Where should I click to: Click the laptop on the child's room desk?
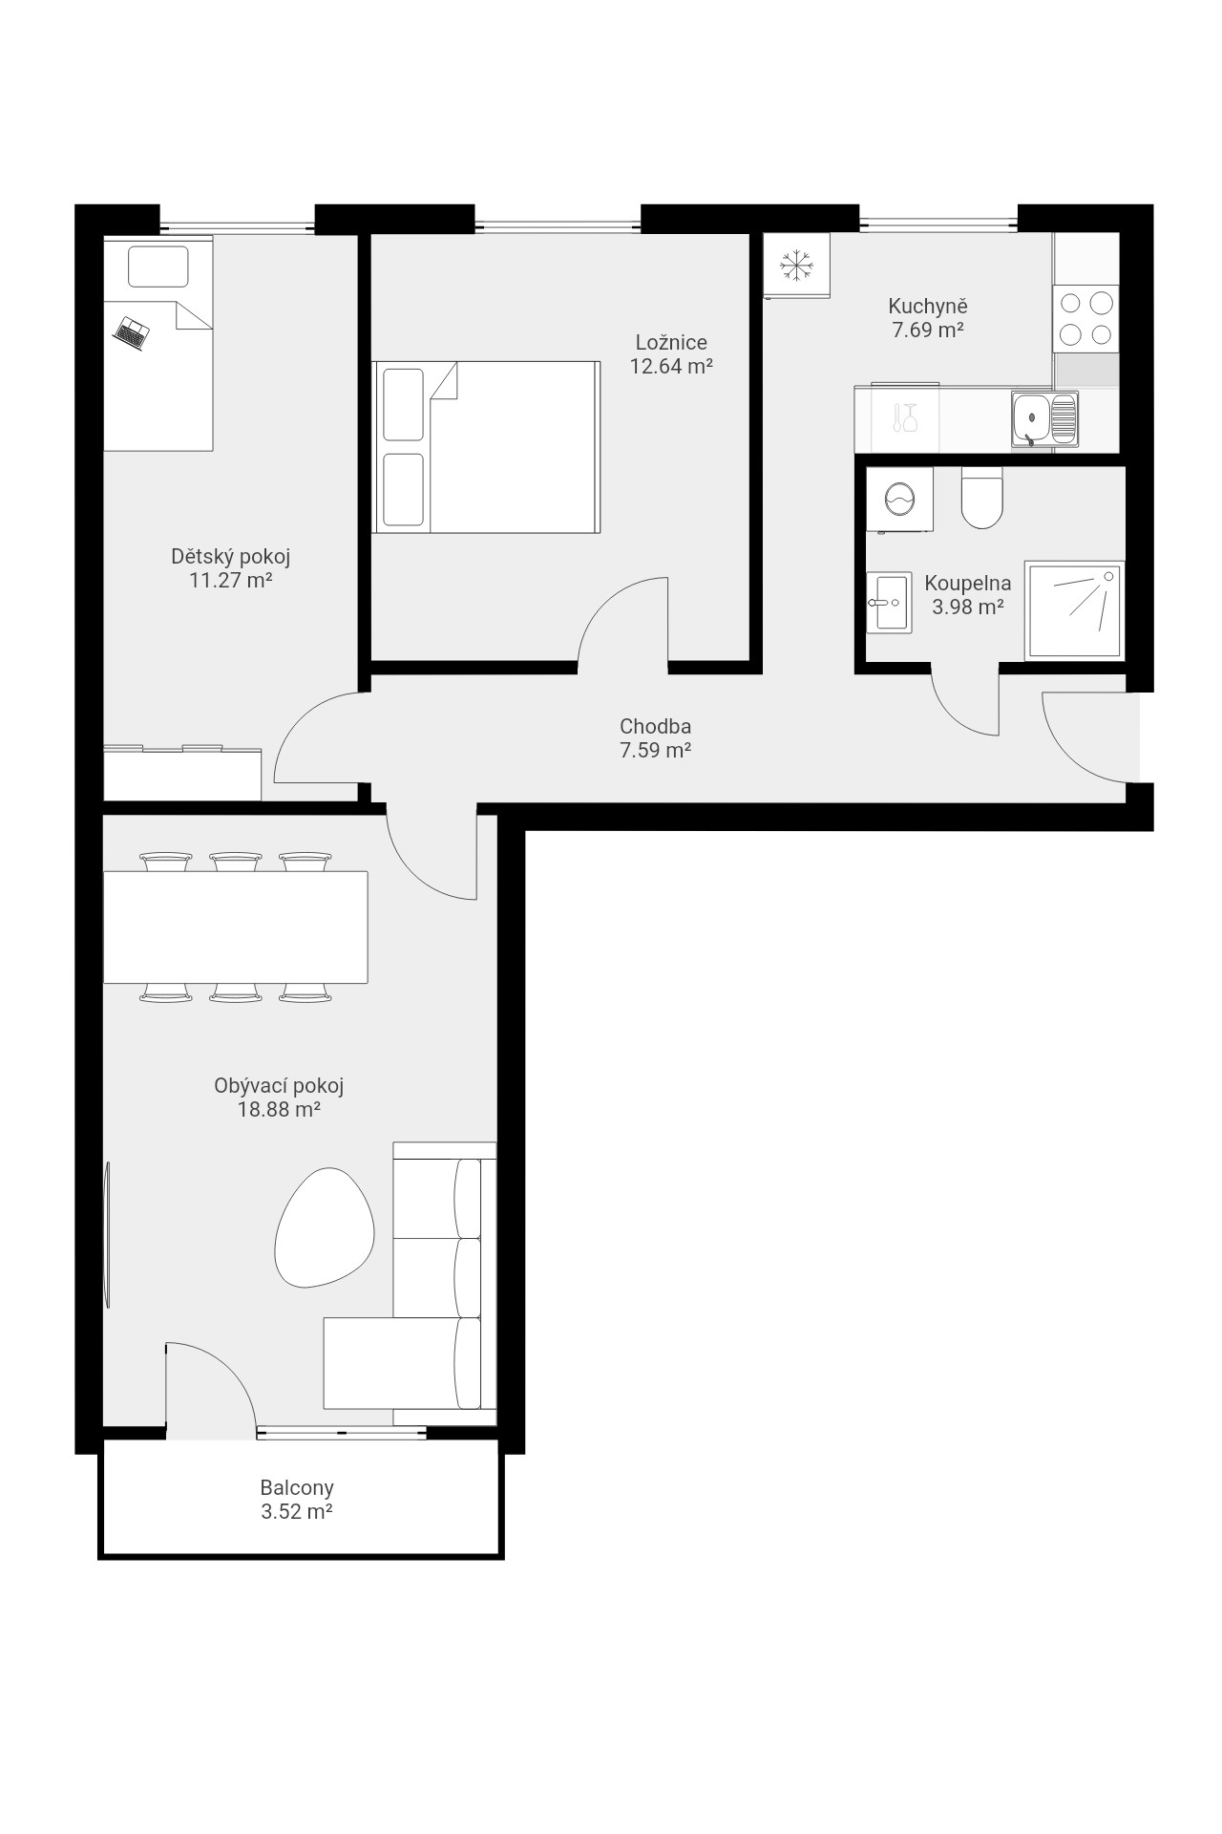(132, 332)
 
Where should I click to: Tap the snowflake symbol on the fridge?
(796, 266)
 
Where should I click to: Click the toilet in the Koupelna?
(981, 497)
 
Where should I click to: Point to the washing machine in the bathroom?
(899, 499)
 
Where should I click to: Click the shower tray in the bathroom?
(1074, 610)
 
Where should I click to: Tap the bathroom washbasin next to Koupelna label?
(887, 603)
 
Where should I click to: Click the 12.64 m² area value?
(671, 366)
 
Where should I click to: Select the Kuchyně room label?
(928, 307)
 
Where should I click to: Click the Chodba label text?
(655, 727)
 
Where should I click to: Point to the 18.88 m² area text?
(278, 1110)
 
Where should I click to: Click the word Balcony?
(297, 1488)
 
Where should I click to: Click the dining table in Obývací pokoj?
(235, 927)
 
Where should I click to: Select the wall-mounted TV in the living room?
(108, 1234)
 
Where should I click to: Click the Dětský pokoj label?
(230, 556)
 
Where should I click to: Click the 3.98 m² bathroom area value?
(968, 607)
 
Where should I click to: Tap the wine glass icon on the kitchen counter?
(910, 417)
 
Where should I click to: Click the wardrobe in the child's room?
(182, 773)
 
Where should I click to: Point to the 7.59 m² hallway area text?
(655, 751)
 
